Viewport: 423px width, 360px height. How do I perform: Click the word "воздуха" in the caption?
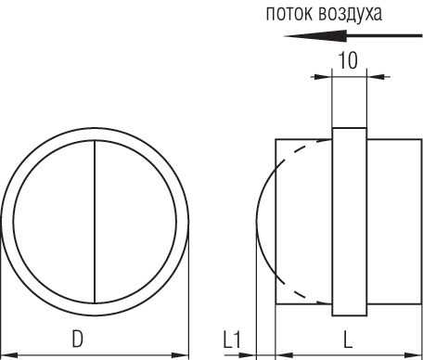[350, 15]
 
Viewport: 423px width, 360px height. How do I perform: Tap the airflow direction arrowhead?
[314, 36]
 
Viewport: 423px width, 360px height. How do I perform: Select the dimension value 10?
[349, 60]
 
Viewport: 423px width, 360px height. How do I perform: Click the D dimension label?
[78, 339]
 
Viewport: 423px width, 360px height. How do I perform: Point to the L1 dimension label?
[232, 340]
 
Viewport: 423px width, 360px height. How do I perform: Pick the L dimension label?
[348, 340]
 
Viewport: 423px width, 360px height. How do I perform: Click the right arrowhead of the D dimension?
[180, 355]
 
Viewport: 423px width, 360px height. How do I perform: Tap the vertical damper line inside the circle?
[95, 222]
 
